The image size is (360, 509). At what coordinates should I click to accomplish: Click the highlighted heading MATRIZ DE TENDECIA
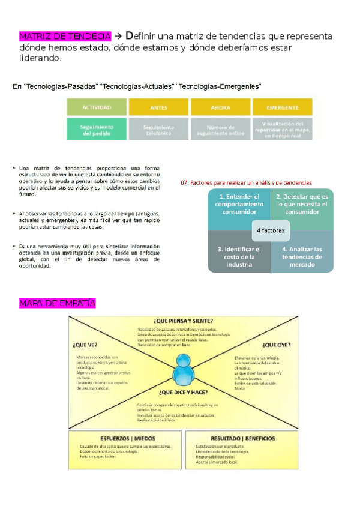65,37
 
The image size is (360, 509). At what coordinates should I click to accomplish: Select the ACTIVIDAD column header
96,107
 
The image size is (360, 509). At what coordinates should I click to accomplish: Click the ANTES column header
158,107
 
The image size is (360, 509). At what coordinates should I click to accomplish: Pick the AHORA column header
220,107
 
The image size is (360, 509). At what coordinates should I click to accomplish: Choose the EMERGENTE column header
283,107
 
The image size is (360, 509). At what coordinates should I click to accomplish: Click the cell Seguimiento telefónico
158,130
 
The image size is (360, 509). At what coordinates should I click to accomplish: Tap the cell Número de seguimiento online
220,130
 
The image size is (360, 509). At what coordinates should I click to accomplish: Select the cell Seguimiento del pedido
96,130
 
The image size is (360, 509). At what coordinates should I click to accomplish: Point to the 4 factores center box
271,230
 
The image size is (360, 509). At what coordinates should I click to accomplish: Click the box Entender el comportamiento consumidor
239,204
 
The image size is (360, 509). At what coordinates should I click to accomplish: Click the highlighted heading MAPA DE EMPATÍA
58,303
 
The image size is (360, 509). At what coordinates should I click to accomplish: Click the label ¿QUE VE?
85,345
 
